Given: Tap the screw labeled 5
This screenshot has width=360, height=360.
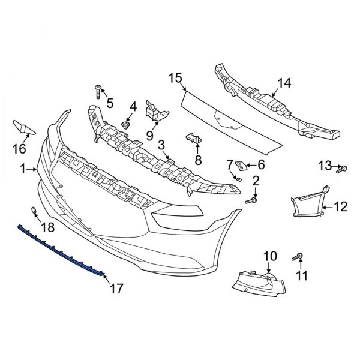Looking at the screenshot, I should (98, 91).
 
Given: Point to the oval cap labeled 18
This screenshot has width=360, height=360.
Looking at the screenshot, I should (33, 211).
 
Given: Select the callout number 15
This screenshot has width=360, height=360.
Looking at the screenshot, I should (175, 77).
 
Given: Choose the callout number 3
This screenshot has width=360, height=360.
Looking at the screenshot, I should (162, 145).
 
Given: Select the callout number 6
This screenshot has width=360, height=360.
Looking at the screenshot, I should (261, 164).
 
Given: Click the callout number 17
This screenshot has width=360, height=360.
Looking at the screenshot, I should (116, 288).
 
